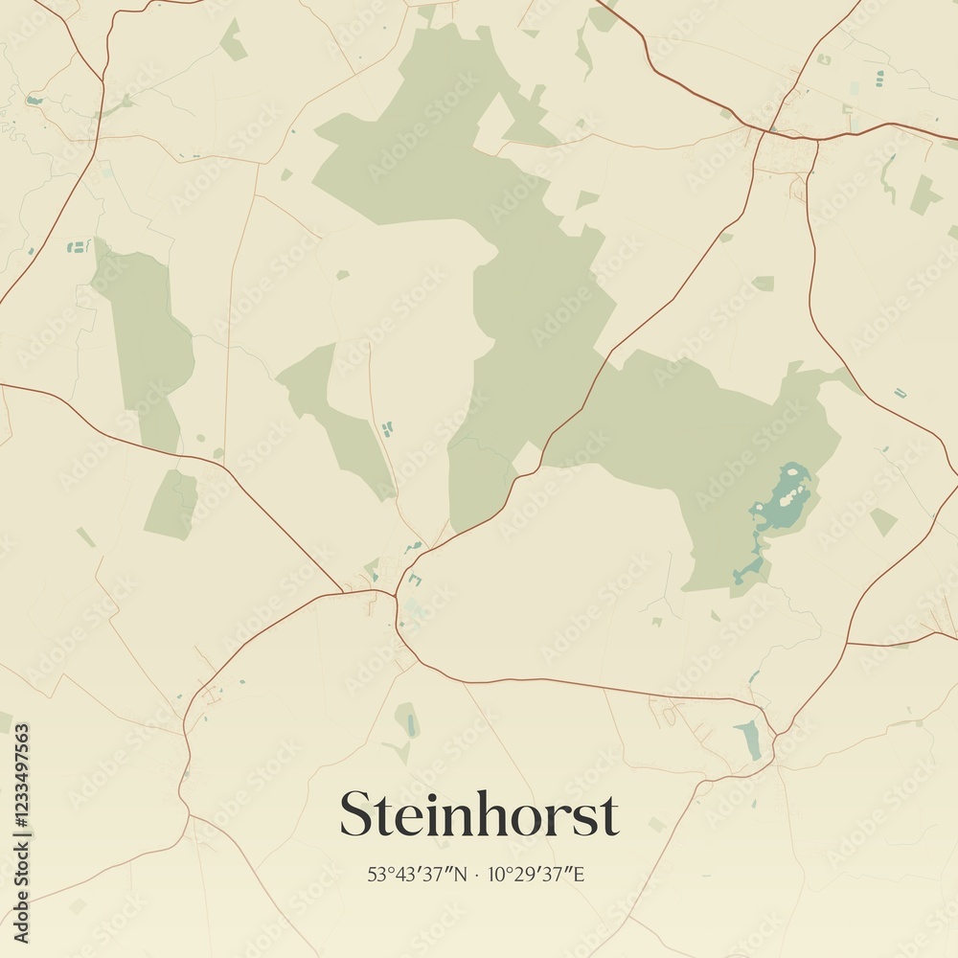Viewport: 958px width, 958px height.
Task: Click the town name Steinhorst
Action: pyautogui.click(x=479, y=815)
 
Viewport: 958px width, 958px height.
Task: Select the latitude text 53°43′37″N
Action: pyautogui.click(x=417, y=874)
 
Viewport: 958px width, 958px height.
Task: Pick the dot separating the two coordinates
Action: pyautogui.click(x=477, y=874)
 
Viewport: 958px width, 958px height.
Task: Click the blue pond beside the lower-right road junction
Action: pyautogui.click(x=750, y=739)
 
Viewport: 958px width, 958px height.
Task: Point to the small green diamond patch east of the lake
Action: pyautogui.click(x=883, y=522)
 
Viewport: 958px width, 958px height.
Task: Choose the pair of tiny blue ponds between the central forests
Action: pyautogui.click(x=387, y=428)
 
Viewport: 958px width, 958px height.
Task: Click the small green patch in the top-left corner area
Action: pyautogui.click(x=233, y=40)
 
